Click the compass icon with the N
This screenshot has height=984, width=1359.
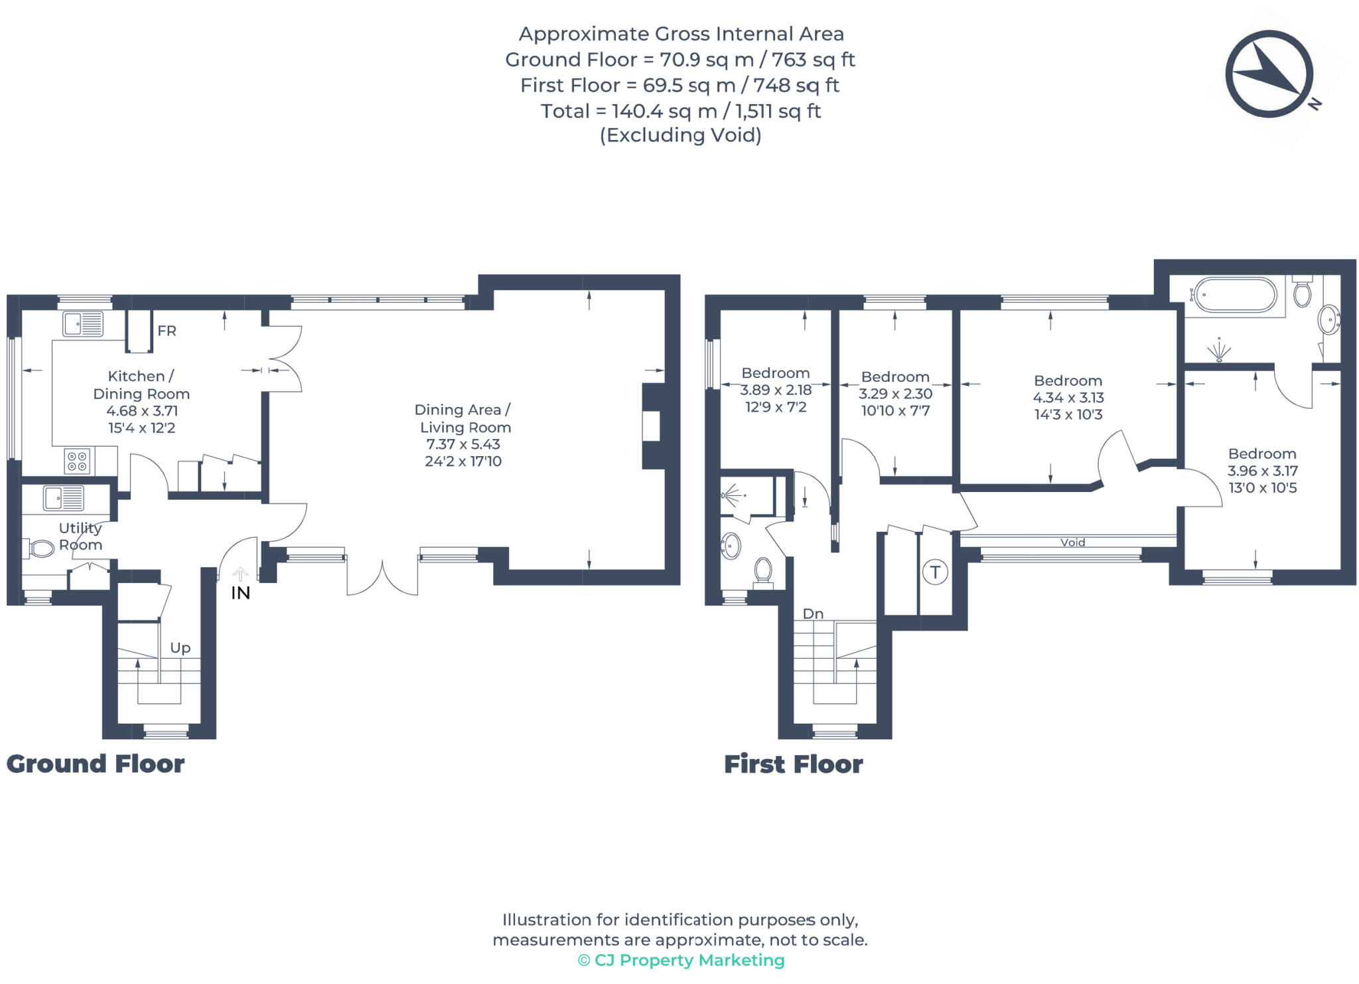pos(1269,74)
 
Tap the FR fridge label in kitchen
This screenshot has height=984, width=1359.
pos(167,331)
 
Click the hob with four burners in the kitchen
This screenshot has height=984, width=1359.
pos(78,461)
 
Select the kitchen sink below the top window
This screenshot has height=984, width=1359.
pos(83,325)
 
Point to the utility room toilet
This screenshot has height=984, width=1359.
pos(41,548)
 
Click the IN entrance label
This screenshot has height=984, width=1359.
pos(240,593)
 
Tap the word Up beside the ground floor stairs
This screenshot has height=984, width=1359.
pos(180,647)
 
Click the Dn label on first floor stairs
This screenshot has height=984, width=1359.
pos(813,614)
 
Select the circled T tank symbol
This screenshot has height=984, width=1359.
pos(934,572)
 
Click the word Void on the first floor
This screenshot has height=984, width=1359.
pos(1072,542)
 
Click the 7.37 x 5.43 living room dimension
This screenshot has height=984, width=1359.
pos(463,444)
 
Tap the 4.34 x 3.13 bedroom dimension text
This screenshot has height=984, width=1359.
pos(1068,397)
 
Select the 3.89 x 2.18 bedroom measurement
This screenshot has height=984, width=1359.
pos(776,390)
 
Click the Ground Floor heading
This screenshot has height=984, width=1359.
pos(96,764)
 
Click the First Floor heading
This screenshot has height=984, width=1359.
pos(793,764)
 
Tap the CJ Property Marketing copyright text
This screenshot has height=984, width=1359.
pos(681,960)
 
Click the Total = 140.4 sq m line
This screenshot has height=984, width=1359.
pos(680,111)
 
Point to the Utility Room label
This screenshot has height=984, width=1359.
pos(80,536)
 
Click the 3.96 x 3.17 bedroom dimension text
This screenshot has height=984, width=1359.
pos(1262,471)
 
